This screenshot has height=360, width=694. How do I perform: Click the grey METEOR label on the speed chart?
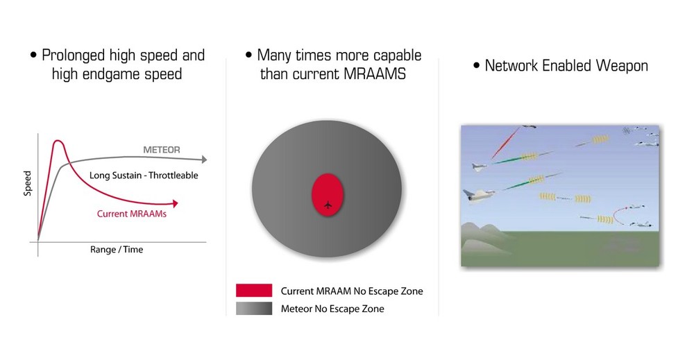coord(162,150)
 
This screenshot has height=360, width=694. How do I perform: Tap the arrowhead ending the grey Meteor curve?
coord(204,160)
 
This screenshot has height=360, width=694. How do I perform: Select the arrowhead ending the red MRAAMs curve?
coord(176,203)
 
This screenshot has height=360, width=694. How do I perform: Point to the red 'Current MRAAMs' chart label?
coord(132,214)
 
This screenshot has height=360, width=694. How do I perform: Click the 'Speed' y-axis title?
coord(28,183)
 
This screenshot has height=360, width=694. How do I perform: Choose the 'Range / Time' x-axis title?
coord(117,250)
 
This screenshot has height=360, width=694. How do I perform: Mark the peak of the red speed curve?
coord(58,141)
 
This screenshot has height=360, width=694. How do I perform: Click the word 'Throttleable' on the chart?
coord(173,175)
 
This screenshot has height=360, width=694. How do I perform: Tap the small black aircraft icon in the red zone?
coord(328,205)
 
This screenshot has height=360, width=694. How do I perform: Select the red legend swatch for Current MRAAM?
coord(254,290)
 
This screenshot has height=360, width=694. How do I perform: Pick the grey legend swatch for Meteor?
coord(254,308)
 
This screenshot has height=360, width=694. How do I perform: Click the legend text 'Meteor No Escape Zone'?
coord(332,309)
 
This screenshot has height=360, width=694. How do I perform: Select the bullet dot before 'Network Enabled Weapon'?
coord(476,65)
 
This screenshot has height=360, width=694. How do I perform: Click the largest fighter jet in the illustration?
coord(479,195)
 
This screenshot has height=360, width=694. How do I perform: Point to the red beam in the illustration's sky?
coord(505,143)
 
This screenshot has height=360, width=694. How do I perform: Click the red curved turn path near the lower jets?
coord(618,214)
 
